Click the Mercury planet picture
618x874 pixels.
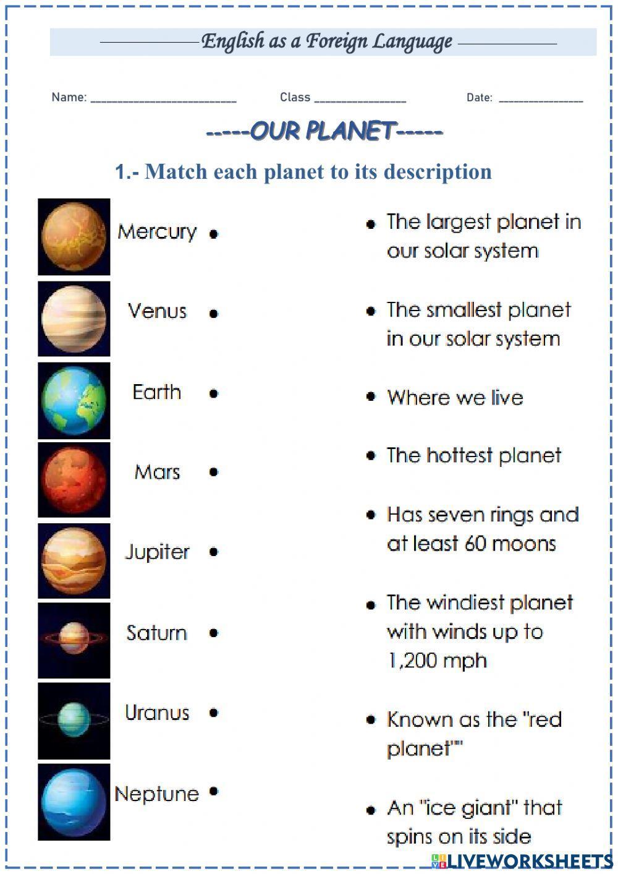[74, 237]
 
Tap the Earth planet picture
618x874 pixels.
[74, 401]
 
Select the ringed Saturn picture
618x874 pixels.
[74, 640]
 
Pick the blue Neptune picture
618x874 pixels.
[74, 802]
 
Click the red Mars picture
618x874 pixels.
[74, 480]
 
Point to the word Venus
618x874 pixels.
[157, 311]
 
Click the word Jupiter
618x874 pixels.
[157, 552]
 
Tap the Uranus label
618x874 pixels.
[157, 713]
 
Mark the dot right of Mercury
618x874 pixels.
[214, 234]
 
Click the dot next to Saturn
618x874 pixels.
[214, 633]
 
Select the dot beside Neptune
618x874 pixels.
[214, 791]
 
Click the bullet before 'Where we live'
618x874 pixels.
[371, 396]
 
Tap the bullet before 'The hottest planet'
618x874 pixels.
[371, 455]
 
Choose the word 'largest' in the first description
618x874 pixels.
[460, 222]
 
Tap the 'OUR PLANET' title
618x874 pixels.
[324, 131]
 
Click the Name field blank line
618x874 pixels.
[163, 99]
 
